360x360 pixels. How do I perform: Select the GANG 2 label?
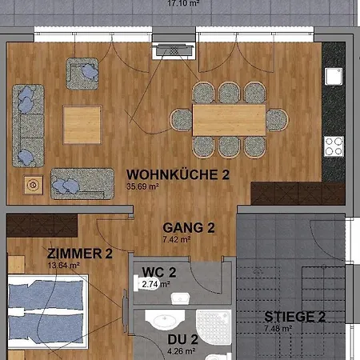click(x=189, y=228)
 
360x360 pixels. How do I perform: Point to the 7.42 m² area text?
click(x=176, y=239)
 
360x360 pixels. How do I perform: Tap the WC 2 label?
click(x=159, y=271)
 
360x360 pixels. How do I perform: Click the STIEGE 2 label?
click(x=294, y=317)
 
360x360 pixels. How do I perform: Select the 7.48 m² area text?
click(x=278, y=328)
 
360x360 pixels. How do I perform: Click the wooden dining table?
click(x=229, y=120)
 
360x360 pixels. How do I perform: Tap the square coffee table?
click(x=82, y=125)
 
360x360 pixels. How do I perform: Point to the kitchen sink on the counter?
click(x=331, y=76)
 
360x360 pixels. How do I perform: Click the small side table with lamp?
click(x=34, y=185)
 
